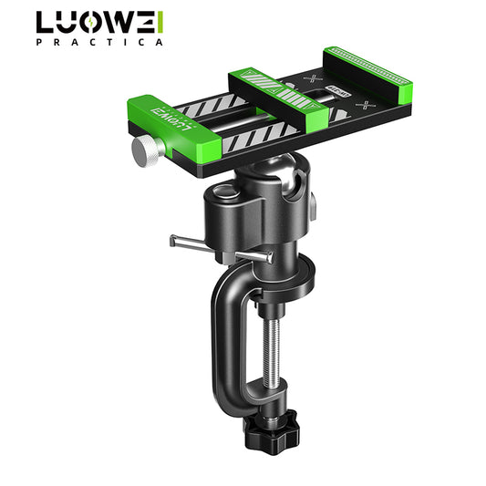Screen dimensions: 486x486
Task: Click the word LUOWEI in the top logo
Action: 100,23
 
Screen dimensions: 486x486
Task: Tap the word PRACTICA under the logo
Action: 100,42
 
